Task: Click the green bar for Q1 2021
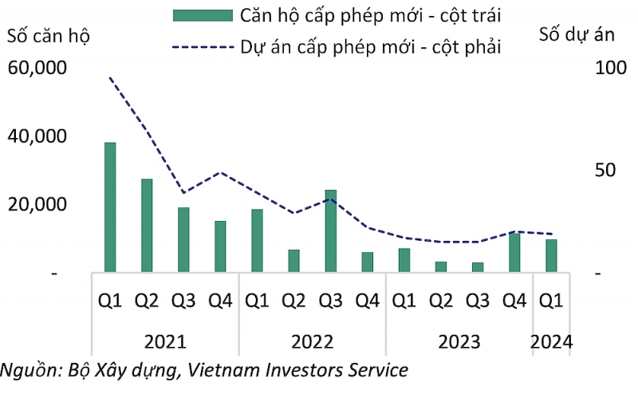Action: [x=110, y=207]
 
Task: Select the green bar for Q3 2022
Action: [x=331, y=231]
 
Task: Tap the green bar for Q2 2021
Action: [x=147, y=225]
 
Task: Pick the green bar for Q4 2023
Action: [x=514, y=252]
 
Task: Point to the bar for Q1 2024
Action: [x=551, y=255]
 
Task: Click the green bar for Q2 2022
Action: [x=293, y=261]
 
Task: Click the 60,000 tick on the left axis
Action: [x=37, y=68]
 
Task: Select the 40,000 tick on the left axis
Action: [x=37, y=136]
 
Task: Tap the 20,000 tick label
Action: [x=37, y=204]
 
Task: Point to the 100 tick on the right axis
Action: [x=611, y=68]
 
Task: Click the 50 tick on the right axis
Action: [x=605, y=170]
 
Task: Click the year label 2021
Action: [x=165, y=342]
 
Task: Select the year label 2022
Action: [x=312, y=342]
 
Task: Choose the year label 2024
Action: [x=551, y=342]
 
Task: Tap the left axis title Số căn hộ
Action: [x=49, y=36]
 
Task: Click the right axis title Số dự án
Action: [x=577, y=34]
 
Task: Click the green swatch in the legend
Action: [x=203, y=16]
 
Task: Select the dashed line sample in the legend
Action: [x=203, y=48]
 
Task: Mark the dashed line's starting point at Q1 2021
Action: [x=110, y=77]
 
